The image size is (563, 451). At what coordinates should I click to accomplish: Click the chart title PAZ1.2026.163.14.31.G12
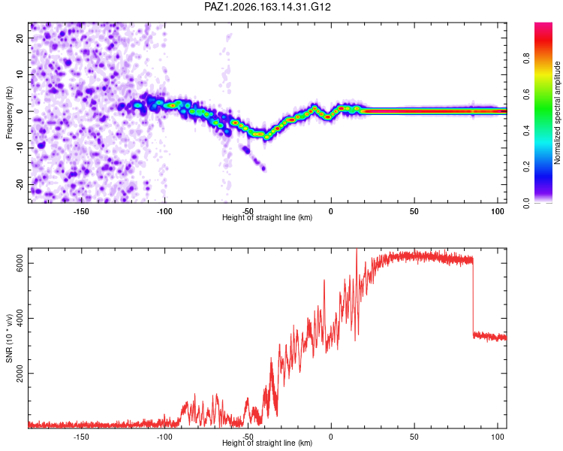[267, 7]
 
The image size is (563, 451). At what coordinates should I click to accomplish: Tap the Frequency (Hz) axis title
[9, 113]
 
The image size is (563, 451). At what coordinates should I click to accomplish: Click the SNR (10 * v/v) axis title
[9, 338]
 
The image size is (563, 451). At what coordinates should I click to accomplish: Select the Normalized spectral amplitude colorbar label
[557, 113]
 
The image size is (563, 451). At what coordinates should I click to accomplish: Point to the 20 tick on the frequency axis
[20, 38]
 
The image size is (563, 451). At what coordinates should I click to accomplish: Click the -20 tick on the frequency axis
[20, 185]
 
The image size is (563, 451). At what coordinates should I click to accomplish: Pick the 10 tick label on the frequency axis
[20, 74]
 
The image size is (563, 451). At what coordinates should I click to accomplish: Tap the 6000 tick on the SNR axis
[20, 263]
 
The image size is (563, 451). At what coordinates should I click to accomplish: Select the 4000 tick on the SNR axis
[20, 318]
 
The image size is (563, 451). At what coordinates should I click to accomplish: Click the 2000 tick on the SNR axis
[20, 374]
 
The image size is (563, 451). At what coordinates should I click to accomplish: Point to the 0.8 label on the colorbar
[526, 58]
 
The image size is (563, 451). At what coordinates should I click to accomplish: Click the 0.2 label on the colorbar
[526, 167]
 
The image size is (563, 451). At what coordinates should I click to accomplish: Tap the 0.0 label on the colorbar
[526, 203]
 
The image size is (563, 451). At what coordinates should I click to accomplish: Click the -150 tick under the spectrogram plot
[81, 211]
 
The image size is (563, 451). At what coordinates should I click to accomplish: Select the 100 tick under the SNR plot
[498, 437]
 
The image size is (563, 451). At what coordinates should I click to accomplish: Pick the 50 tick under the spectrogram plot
[414, 211]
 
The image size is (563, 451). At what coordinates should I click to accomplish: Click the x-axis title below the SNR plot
[267, 443]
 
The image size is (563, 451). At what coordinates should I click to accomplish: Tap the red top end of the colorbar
[543, 25]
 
